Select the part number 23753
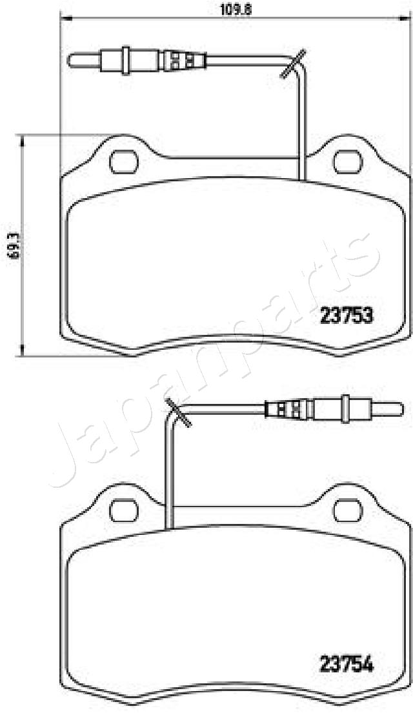pos(347,315)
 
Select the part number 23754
pos(347,665)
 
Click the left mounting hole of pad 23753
pos(124,162)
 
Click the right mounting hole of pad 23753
pos(348,162)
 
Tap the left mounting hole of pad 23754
pos(124,510)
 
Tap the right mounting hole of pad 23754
pos(348,510)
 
